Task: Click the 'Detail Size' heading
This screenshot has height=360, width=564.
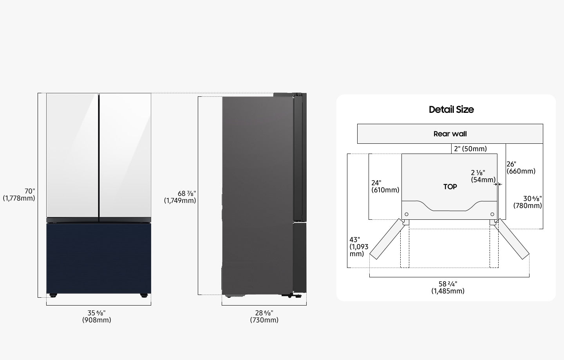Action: [x=451, y=110]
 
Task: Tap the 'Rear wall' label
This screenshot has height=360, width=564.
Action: [x=450, y=134]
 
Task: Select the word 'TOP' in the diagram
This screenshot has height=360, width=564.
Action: [x=450, y=186]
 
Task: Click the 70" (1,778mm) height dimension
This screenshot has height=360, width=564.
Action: [x=19, y=195]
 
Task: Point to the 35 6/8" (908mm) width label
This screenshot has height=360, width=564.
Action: [x=96, y=317]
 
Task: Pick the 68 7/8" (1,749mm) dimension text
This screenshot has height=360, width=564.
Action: [x=180, y=197]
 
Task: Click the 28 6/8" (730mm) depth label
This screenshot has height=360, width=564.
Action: [x=264, y=317]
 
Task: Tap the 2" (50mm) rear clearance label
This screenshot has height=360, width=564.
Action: [x=470, y=149]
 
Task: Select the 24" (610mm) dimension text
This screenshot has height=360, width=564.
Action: [x=385, y=186]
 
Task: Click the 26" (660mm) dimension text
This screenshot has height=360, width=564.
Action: [x=521, y=168]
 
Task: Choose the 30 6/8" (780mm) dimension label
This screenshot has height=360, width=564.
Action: [x=528, y=202]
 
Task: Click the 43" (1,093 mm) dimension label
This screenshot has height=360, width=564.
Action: [x=359, y=247]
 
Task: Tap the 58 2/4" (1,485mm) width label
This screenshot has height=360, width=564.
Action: [x=448, y=288]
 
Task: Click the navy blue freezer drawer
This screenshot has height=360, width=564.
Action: [x=99, y=258]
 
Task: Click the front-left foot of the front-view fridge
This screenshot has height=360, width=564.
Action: [x=53, y=295]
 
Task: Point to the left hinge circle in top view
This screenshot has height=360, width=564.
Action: [x=407, y=214]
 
